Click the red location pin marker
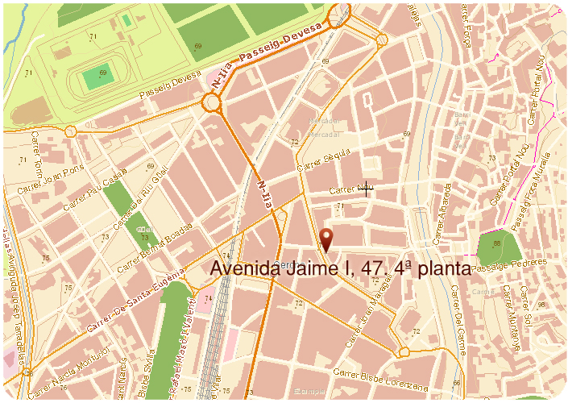pyautogui.click(x=326, y=239)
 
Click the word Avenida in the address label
pyautogui.click(x=245, y=268)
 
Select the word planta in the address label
pyautogui.click(x=438, y=268)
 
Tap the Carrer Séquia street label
pyautogui.click(x=324, y=159)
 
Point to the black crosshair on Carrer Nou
pyautogui.click(x=367, y=189)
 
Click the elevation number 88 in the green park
pyautogui.click(x=497, y=243)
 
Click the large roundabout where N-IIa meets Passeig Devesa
pyautogui.click(x=213, y=102)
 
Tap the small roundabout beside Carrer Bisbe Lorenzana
pyautogui.click(x=404, y=351)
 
